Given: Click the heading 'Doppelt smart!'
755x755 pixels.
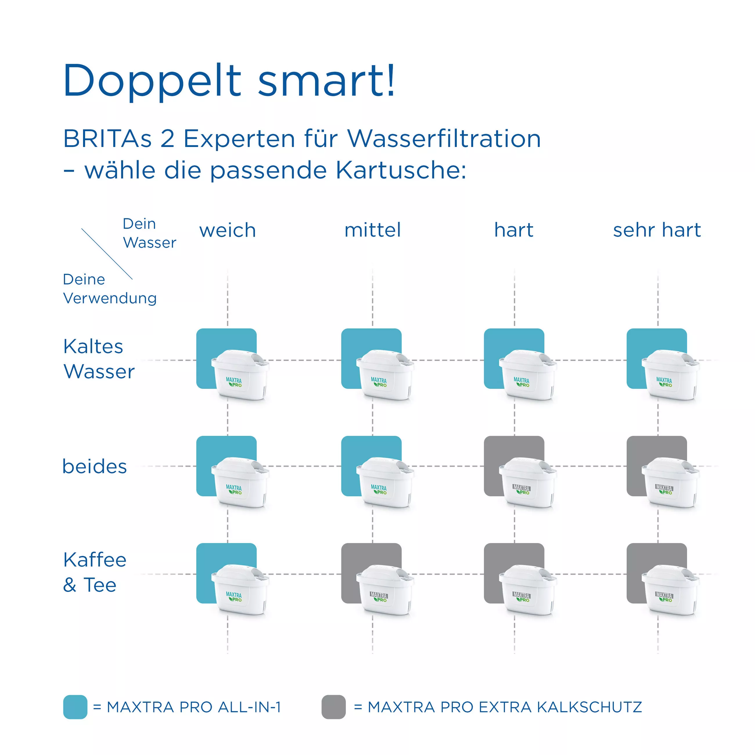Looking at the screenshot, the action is coord(229,80).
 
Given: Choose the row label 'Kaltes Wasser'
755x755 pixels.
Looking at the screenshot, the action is coord(99,359).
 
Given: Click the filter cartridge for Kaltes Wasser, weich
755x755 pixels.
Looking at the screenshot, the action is coord(240,375).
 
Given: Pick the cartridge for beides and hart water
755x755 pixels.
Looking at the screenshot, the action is coord(528,482).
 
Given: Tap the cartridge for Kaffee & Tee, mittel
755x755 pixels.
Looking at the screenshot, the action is coord(385,590).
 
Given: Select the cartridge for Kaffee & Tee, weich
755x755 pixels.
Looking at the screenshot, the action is coord(240,590).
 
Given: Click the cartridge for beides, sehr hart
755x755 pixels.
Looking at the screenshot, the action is coord(670,482).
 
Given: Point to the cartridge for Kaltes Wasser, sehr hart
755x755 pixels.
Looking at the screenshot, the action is coord(670,375).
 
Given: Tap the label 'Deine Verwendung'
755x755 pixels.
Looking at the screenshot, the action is coord(110,289).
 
